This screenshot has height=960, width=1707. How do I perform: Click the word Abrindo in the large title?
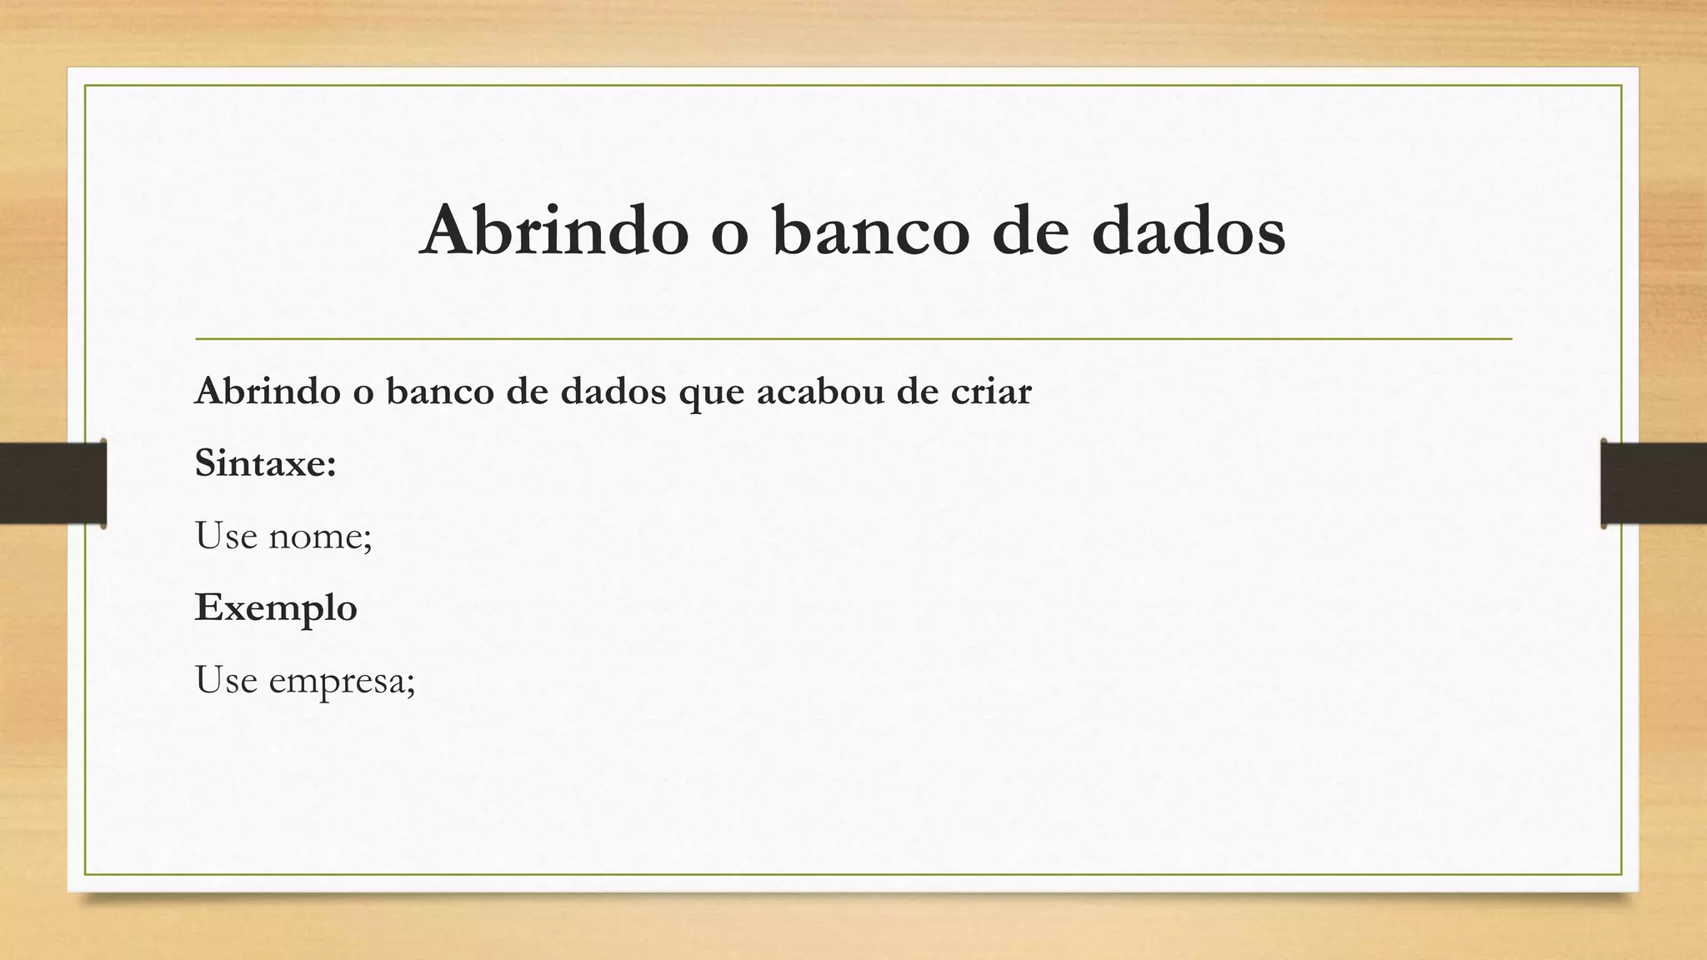pyautogui.click(x=554, y=230)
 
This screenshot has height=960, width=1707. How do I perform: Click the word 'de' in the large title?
pyautogui.click(x=1030, y=230)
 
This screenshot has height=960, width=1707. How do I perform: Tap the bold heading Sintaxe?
pyautogui.click(x=265, y=462)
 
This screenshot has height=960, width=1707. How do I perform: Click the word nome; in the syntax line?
pyautogui.click(x=320, y=536)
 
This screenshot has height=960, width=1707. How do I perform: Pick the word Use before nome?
pyautogui.click(x=226, y=535)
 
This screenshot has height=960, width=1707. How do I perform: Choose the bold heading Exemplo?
pyautogui.click(x=276, y=607)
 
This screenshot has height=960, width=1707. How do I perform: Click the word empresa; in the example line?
pyautogui.click(x=342, y=681)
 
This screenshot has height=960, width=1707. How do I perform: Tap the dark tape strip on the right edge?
pyautogui.click(x=1654, y=483)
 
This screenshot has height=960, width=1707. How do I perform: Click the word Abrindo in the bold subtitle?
pyautogui.click(x=268, y=391)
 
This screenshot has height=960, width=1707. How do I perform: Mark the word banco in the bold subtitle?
pyautogui.click(x=439, y=391)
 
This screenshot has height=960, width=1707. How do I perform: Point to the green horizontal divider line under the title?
pyautogui.click(x=853, y=339)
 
